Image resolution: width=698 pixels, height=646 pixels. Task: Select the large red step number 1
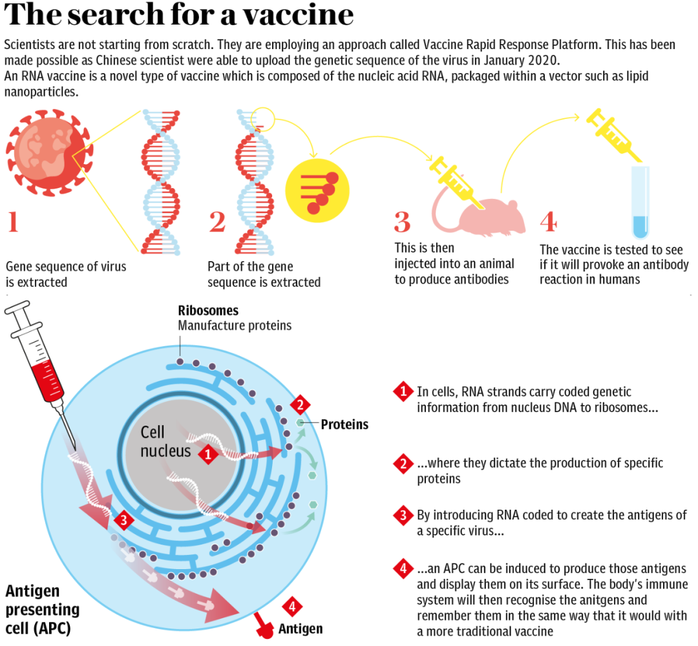(x=13, y=222)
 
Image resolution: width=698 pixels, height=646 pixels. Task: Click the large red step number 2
(x=217, y=222)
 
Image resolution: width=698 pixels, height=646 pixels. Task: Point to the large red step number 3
(x=402, y=222)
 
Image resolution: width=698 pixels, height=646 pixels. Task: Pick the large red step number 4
(x=547, y=222)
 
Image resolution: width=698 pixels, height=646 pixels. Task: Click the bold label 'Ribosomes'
(x=208, y=311)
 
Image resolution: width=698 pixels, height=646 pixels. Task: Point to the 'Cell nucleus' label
(x=165, y=441)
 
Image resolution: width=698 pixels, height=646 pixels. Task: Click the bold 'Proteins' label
(x=344, y=424)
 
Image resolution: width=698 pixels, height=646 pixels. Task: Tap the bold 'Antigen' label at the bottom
(x=300, y=628)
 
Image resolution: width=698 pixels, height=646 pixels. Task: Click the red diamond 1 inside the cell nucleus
(x=207, y=454)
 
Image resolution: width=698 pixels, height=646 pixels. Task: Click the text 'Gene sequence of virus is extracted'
(x=66, y=274)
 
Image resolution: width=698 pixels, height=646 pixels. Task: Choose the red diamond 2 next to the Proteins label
(x=299, y=406)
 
